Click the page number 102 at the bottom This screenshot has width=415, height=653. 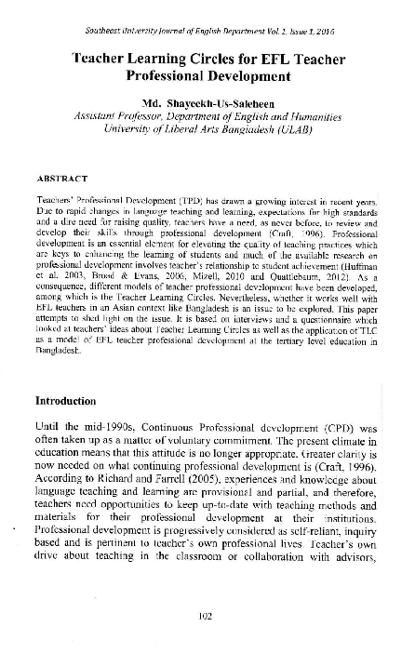208,613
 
